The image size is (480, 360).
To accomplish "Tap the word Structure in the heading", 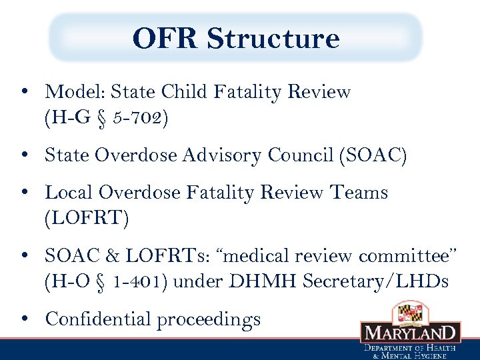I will click(273, 39).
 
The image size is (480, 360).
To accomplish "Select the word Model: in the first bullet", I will click(75, 92).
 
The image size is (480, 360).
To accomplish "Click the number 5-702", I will click(139, 119).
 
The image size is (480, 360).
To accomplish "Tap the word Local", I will click(69, 192).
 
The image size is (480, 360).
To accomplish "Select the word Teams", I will click(360, 192).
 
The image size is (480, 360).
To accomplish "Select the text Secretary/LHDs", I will click(375, 283).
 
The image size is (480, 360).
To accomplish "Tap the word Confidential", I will click(98, 319).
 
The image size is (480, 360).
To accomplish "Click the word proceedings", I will click(209, 320).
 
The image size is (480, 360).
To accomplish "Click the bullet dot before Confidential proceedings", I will click(24, 319).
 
